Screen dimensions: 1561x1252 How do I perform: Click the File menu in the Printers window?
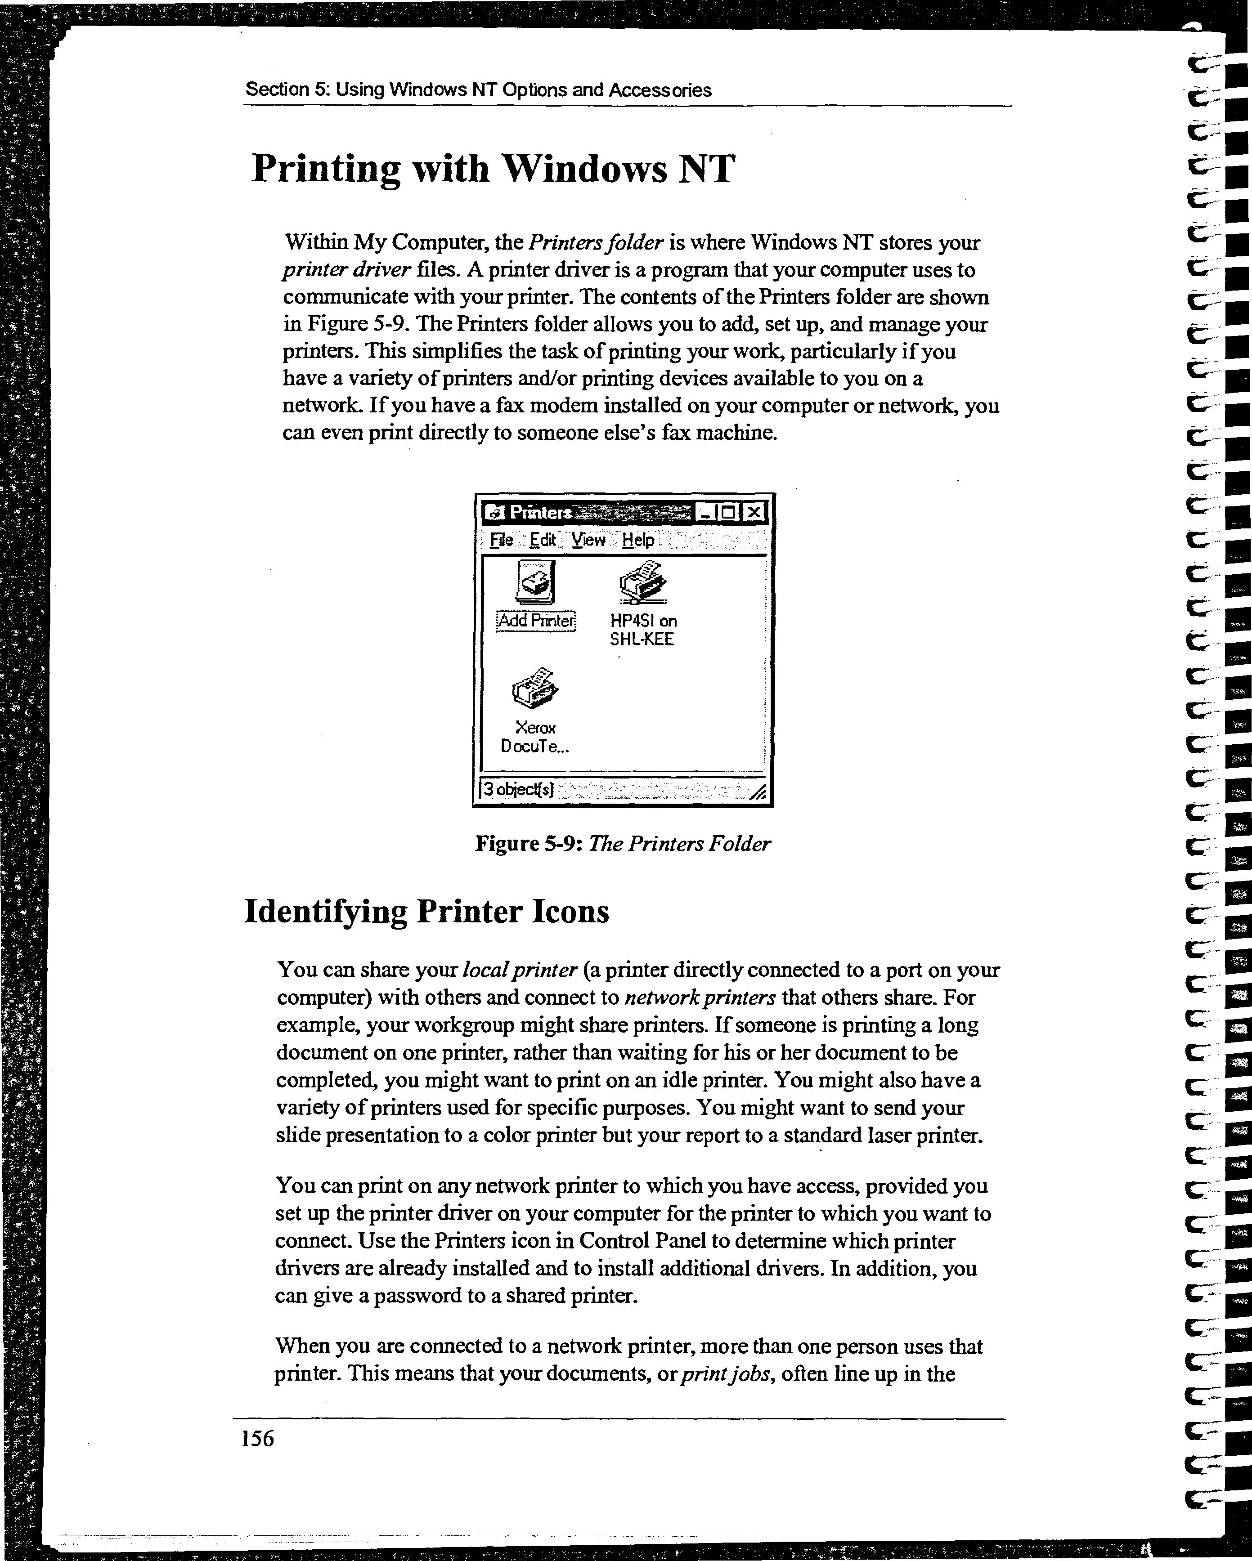coord(501,540)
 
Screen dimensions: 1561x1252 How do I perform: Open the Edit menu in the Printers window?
coord(543,540)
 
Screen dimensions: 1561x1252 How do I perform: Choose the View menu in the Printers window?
coord(588,540)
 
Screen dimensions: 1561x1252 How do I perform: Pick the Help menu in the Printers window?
coord(638,540)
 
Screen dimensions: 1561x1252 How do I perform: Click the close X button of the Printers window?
coord(754,513)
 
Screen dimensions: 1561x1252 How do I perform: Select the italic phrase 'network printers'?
coord(700,997)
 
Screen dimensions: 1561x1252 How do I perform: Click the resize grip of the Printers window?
coord(758,792)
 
